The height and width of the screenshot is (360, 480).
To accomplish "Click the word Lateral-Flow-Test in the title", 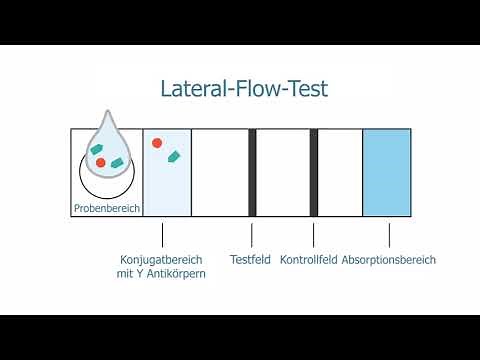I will click(244, 88).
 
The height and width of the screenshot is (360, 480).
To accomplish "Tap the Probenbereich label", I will click(106, 209).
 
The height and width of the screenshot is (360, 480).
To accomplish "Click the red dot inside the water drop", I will click(101, 162).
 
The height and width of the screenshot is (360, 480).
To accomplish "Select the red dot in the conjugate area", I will click(157, 143).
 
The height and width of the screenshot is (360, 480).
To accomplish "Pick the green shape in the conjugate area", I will click(174, 156).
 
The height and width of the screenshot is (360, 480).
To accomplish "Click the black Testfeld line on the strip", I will click(252, 172).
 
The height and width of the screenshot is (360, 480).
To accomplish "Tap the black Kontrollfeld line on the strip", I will click(314, 172).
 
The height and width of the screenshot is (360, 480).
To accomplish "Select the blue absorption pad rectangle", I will click(387, 172).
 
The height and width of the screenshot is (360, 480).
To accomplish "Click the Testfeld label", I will click(251, 260).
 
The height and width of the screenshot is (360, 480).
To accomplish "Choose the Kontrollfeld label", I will click(309, 260).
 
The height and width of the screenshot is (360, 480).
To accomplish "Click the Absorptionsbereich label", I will click(389, 260).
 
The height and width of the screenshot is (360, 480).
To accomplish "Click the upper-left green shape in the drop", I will click(97, 150).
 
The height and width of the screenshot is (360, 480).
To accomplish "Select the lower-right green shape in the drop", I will click(116, 162).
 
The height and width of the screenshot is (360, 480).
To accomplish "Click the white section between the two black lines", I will click(283, 172).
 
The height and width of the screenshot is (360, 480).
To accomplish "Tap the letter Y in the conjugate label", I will click(145, 273).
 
